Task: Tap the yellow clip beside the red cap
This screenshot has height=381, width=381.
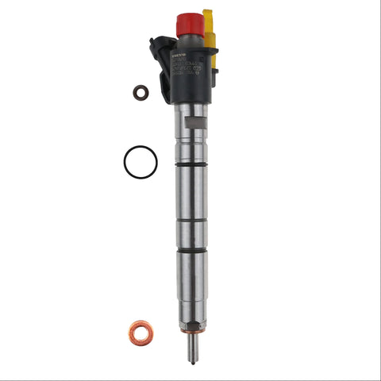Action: click(210, 25)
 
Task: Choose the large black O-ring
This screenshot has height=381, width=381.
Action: click(140, 162)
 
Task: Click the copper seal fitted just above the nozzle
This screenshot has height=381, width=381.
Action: click(190, 333)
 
